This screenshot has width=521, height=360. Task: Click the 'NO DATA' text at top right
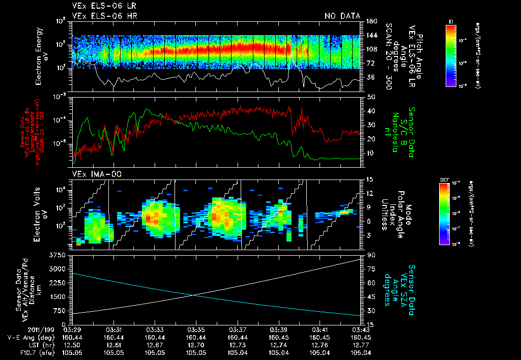pyautogui.click(x=342, y=16)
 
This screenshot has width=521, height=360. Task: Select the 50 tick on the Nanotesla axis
pyautogui.click(x=370, y=97)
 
